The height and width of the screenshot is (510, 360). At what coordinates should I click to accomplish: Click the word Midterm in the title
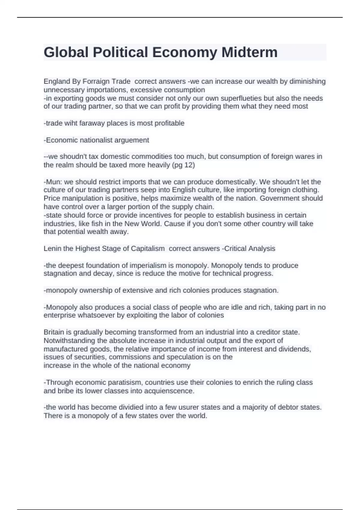pyautogui.click(x=249, y=52)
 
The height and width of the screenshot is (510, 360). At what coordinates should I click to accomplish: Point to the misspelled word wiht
pyautogui.click(x=71, y=123)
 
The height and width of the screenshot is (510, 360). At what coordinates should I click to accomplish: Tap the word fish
pyautogui.click(x=107, y=224)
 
